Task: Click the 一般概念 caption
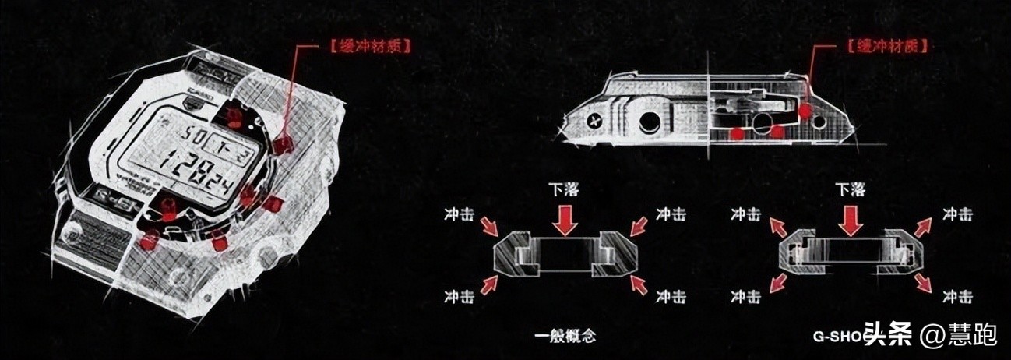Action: click(565, 337)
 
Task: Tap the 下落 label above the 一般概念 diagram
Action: click(566, 189)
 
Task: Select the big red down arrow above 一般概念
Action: click(566, 218)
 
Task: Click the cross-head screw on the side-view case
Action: click(597, 121)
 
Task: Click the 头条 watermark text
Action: click(888, 336)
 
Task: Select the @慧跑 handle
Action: click(958, 336)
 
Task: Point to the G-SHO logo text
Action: click(838, 337)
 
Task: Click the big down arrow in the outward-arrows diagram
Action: click(851, 218)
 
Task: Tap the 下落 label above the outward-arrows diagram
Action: click(851, 189)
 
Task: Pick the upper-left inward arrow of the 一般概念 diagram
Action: click(490, 227)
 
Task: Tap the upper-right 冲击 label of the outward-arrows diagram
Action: click(956, 213)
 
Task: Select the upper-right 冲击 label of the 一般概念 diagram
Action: click(671, 213)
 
